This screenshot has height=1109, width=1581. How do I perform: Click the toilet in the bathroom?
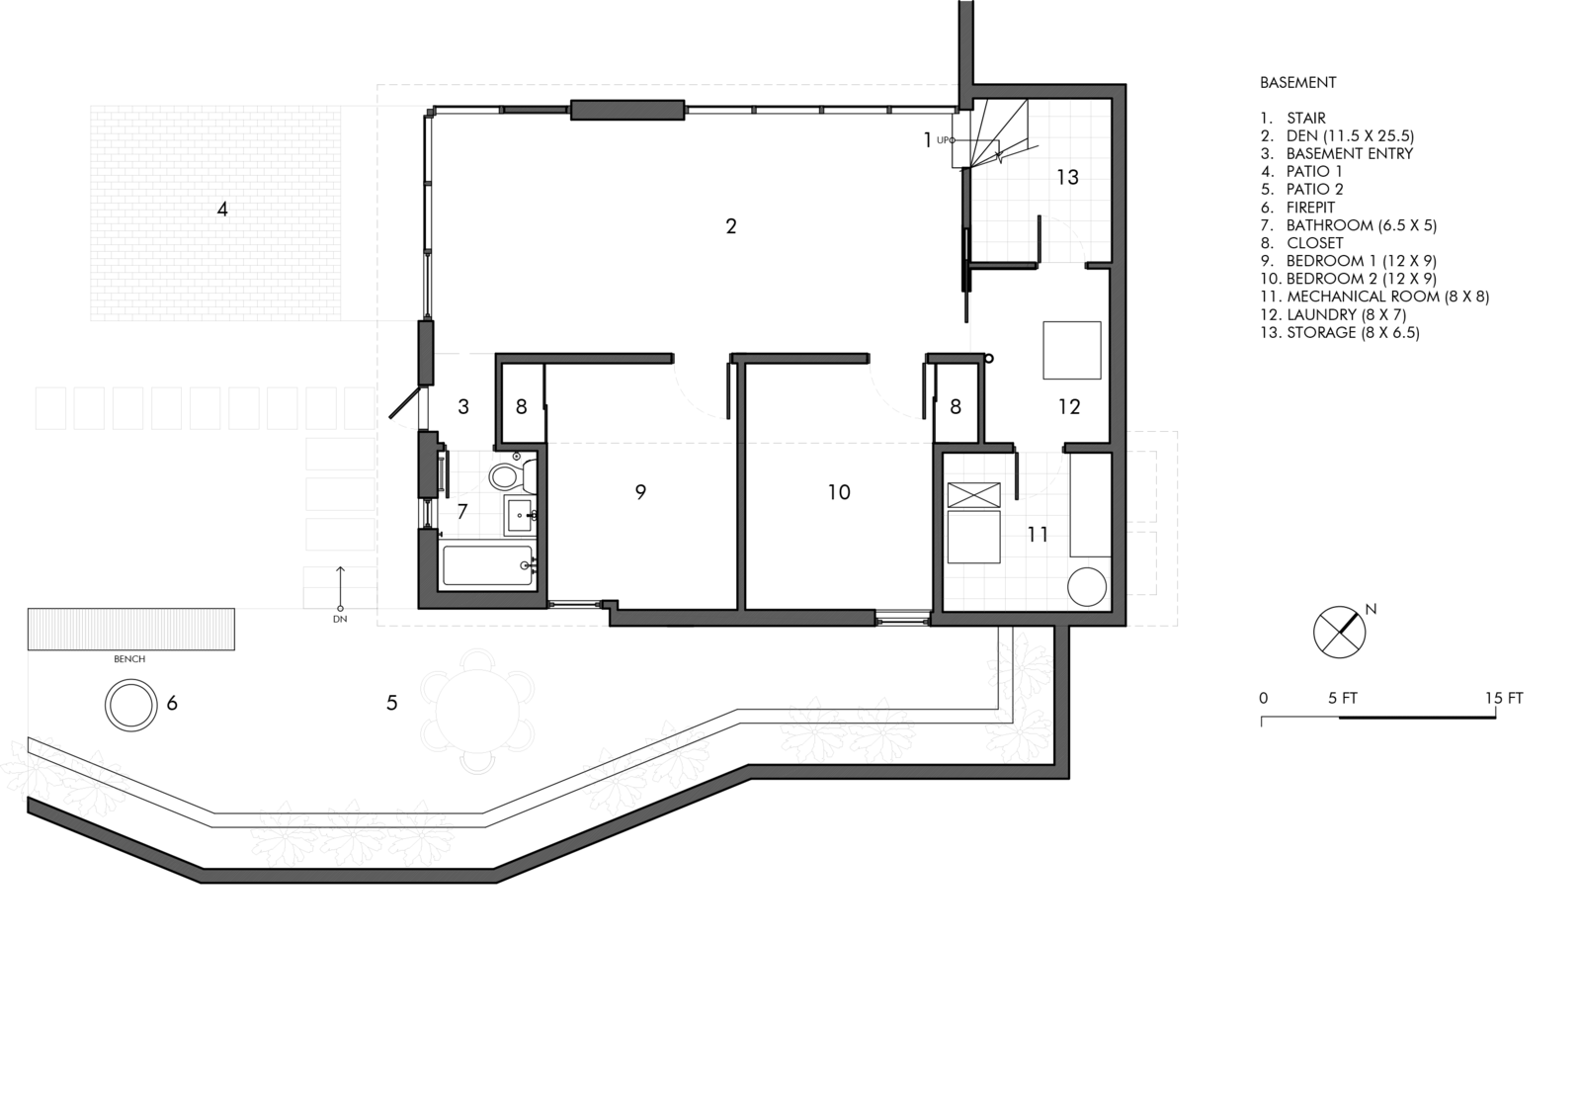(505, 477)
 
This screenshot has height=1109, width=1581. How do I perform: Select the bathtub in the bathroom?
(488, 566)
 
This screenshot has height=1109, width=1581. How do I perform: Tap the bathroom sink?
(520, 515)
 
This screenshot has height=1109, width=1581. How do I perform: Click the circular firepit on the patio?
(131, 706)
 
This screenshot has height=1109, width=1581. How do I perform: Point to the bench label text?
(129, 659)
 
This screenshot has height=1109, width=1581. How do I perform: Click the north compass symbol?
(1339, 631)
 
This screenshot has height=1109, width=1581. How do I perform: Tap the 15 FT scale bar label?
(1504, 698)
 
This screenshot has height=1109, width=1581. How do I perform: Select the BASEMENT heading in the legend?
(1298, 83)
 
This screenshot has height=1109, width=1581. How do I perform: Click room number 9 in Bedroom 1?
(640, 492)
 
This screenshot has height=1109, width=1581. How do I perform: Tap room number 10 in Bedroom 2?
(839, 492)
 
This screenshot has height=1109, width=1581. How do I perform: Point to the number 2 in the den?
(731, 226)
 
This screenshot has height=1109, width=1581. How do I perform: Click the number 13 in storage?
(1067, 178)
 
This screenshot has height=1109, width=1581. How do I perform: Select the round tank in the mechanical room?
(1087, 586)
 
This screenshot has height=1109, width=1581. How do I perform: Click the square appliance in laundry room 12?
(1072, 350)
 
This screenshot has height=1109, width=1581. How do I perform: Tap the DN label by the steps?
(340, 621)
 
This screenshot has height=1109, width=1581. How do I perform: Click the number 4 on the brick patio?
(222, 210)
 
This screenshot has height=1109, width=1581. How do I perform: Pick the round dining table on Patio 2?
(475, 710)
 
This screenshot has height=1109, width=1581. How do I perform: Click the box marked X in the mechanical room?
(974, 495)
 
